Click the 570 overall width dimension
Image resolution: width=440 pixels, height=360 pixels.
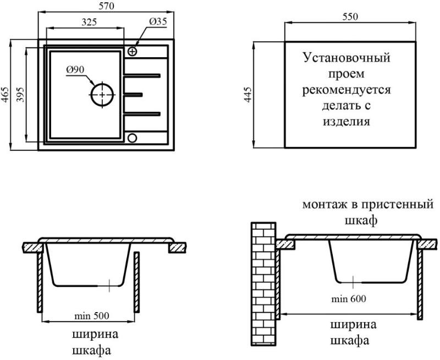[106, 6]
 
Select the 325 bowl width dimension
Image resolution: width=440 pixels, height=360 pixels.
[89, 22]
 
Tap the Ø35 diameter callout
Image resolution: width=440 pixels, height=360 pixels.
[158, 21]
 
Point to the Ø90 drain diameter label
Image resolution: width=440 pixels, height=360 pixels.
[75, 69]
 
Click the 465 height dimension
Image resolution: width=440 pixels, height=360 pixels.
[5, 95]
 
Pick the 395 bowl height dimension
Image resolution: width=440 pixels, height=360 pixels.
[21, 95]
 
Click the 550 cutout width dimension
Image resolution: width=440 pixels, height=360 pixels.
[350, 17]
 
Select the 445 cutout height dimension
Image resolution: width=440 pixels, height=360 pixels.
[248, 95]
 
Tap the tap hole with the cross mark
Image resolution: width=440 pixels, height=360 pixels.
[132, 51]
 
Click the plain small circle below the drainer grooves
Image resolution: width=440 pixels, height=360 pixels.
[132, 138]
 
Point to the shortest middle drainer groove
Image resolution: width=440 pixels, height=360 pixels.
[133, 94]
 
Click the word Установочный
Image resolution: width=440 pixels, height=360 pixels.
[346, 58]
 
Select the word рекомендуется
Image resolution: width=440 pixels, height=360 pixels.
[346, 90]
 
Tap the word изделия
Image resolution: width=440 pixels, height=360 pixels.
[346, 122]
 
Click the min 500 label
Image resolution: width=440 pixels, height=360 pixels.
[91, 316]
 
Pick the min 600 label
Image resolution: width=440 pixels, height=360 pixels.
[349, 299]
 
